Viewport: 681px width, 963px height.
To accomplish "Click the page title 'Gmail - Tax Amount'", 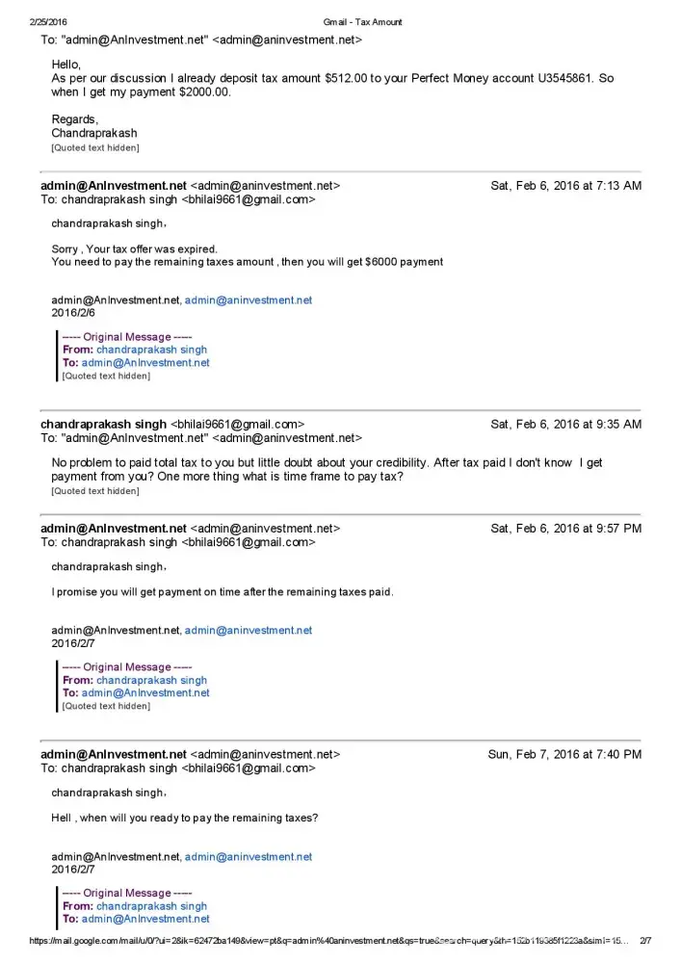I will (x=363, y=21).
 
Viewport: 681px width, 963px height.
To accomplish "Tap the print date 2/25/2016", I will (x=48, y=21).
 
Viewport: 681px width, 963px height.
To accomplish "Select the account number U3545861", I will (x=558, y=78).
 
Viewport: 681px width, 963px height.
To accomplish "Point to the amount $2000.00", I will (x=201, y=92).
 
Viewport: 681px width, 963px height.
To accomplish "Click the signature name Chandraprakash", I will (x=94, y=133).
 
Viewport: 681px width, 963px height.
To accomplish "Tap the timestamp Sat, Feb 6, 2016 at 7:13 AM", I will (x=565, y=186).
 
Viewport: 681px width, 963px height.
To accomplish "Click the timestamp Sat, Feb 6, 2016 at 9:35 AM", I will (x=565, y=424).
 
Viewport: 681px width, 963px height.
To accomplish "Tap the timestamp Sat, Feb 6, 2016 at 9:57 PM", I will (x=565, y=529).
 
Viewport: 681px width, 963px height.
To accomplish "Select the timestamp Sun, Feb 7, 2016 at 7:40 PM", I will (x=564, y=755).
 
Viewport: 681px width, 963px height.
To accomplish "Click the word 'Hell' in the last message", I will (x=62, y=819).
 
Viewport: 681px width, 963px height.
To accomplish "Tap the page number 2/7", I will (x=645, y=941).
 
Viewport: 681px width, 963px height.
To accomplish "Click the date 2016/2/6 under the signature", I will (x=73, y=313).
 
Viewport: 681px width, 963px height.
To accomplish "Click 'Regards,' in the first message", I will (x=75, y=119).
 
